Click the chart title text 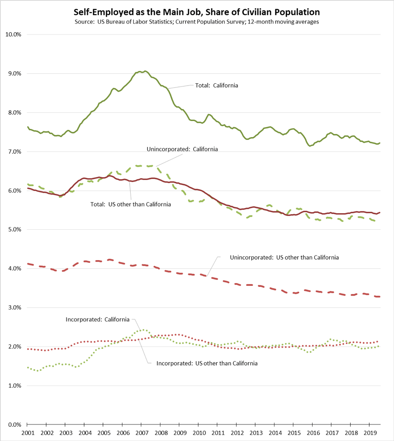coord(197,12)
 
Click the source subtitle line coord(197,22)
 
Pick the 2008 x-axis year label coord(161,433)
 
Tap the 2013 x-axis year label coord(255,433)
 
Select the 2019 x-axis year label coord(370,433)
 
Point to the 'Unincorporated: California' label coord(182,149)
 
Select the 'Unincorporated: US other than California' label coord(284,257)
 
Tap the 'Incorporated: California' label coord(97,319)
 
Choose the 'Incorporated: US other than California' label coord(207,363)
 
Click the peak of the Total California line coord(145,71)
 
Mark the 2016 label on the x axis coord(313,433)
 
